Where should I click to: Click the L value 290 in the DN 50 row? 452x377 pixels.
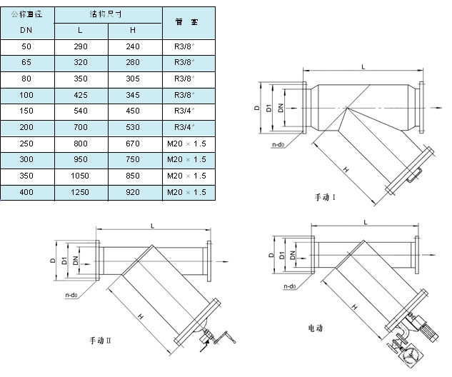click(x=81, y=46)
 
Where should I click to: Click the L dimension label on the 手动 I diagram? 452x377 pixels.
click(x=363, y=66)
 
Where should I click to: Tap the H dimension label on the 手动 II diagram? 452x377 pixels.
click(x=141, y=315)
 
